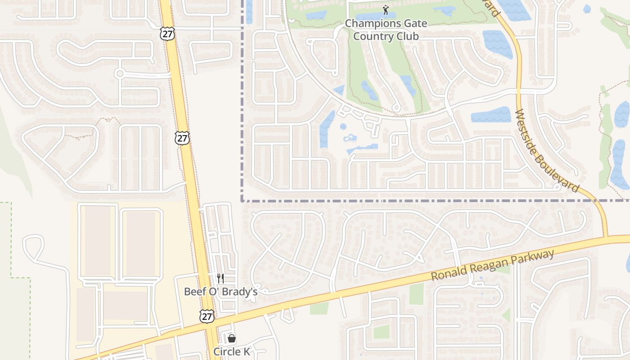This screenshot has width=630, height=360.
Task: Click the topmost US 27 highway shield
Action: pyautogui.click(x=167, y=33)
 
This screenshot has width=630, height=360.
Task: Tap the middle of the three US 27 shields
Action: pyautogui.click(x=182, y=138)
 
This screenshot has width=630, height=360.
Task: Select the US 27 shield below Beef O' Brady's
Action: pyautogui.click(x=207, y=316)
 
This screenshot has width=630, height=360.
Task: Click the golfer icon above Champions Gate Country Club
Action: pyautogui.click(x=386, y=10)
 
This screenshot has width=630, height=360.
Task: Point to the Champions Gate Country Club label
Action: pyautogui.click(x=386, y=30)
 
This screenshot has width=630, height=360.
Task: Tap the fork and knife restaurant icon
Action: pyautogui.click(x=220, y=279)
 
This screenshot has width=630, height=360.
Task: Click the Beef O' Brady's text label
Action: pyautogui.click(x=220, y=292)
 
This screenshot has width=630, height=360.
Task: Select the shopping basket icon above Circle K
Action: pyautogui.click(x=231, y=338)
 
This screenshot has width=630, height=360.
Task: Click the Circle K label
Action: pyautogui.click(x=231, y=351)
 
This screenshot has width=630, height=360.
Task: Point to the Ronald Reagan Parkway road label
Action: pyautogui.click(x=493, y=266)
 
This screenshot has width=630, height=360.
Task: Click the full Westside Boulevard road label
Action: pyautogui.click(x=546, y=151)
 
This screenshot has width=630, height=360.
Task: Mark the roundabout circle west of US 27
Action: pyautogui.click(x=119, y=73)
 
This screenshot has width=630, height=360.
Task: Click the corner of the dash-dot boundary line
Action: pyautogui.click(x=242, y=201)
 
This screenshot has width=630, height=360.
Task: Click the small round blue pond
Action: pyautogui.click(x=343, y=126)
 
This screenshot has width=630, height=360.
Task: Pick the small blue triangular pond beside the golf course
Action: pyautogui.click(x=340, y=90)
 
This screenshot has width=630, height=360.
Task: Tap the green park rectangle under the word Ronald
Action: pyautogui.click(x=416, y=293)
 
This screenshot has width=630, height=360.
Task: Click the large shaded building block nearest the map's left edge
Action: pyautogui.click(x=85, y=314)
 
